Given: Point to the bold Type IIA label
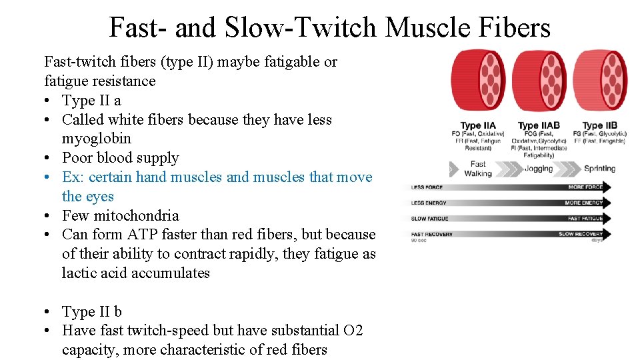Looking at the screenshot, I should point(478,125).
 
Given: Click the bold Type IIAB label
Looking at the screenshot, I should point(538,125).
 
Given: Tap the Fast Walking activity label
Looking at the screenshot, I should point(478,169).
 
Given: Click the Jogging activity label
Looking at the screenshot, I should point(539,169).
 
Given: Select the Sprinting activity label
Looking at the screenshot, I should point(599,169).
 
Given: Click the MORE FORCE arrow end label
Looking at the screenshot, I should point(585,187).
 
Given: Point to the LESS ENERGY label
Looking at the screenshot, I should point(429,203).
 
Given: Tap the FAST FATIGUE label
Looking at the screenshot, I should point(585,219).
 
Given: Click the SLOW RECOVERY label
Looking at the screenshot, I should point(580,234).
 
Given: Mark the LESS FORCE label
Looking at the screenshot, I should point(427,187).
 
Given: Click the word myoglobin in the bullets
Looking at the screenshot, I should point(97,139).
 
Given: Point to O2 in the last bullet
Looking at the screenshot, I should point(352,330).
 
